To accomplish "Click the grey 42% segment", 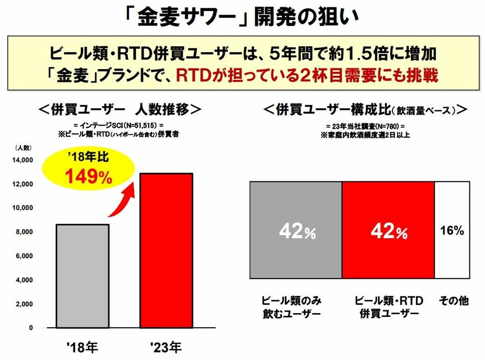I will [x=296, y=231].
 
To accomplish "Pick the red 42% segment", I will [x=388, y=231].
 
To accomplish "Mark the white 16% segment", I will [x=452, y=231].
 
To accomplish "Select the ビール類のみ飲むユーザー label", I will [x=291, y=307].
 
